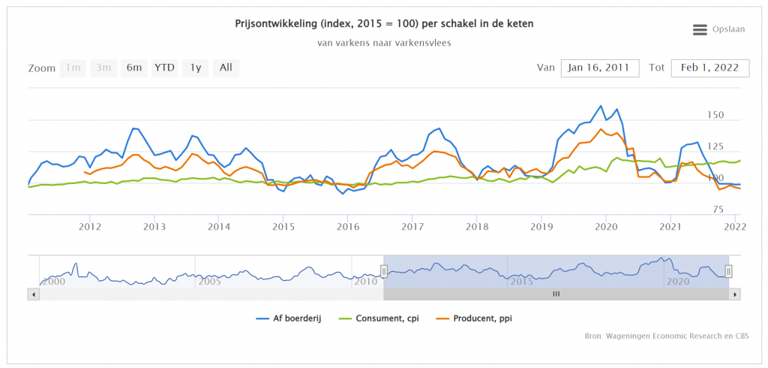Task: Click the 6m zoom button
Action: [x=134, y=68]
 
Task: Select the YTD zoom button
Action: [x=164, y=68]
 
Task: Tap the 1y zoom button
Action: [x=195, y=68]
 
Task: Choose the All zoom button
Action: [x=226, y=68]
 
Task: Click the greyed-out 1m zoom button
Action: [x=73, y=68]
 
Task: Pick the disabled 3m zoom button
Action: [x=103, y=68]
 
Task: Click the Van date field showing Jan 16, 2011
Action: [x=599, y=68]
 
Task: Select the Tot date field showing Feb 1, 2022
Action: [x=709, y=68]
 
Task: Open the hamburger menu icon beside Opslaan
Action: [x=700, y=29]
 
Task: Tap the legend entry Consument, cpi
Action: [x=387, y=318]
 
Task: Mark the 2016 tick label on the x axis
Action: [x=347, y=226]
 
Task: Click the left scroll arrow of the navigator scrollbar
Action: [x=34, y=294]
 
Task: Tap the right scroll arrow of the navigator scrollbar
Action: [x=735, y=294]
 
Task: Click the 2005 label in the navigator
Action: [x=209, y=281]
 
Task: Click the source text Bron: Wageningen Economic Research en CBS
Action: [x=666, y=336]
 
